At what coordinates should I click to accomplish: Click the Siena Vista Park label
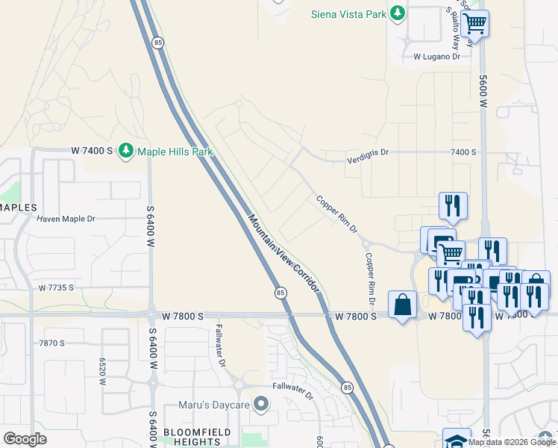(x=350, y=13)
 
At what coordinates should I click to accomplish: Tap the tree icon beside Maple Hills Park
(x=126, y=152)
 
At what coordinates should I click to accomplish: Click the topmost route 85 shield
(x=157, y=43)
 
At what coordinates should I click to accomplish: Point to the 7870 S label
(x=51, y=343)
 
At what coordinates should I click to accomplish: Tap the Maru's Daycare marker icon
(x=260, y=405)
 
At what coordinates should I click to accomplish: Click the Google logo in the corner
(x=25, y=439)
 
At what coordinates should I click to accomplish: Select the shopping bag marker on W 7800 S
(x=402, y=305)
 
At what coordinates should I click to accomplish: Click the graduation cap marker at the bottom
(x=456, y=440)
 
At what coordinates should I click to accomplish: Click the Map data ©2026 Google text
(x=511, y=442)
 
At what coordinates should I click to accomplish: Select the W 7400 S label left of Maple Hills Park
(x=92, y=152)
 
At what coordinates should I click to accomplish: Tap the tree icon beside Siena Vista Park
(x=398, y=13)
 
